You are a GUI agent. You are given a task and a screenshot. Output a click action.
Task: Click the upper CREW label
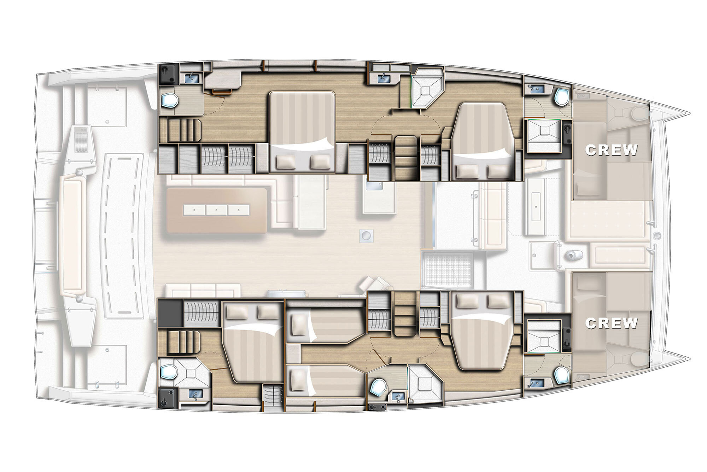pyautogui.click(x=612, y=150)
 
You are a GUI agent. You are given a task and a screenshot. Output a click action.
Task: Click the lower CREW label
pyautogui.click(x=612, y=323)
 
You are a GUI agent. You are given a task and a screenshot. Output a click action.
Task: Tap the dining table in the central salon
pyautogui.click(x=217, y=210)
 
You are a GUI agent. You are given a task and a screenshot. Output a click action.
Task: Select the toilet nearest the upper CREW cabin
pyautogui.click(x=561, y=97)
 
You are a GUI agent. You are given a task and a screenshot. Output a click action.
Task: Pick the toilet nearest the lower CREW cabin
pyautogui.click(x=561, y=375)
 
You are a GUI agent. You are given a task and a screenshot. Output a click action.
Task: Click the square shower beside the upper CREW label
pyautogui.click(x=543, y=136)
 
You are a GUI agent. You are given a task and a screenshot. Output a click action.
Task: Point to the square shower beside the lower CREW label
pyautogui.click(x=543, y=336)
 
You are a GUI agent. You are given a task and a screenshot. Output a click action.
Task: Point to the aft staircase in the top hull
pyautogui.click(x=180, y=130)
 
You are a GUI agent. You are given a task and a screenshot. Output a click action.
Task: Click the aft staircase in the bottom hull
pyautogui.click(x=180, y=342)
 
